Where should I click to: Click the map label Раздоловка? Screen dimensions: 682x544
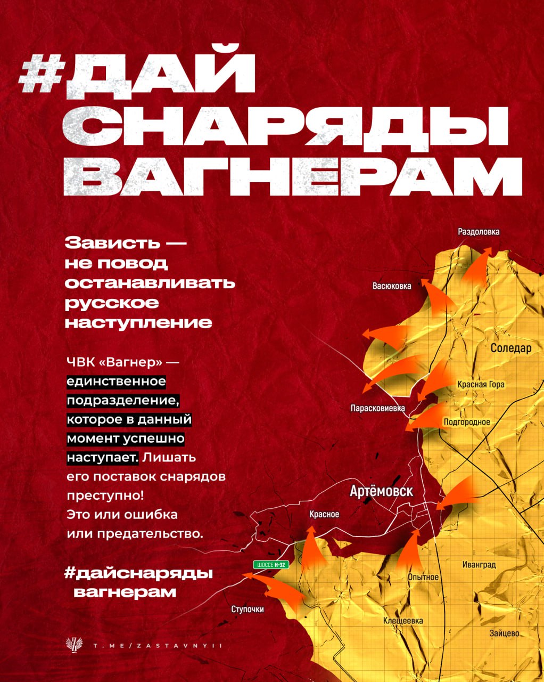click(479, 232)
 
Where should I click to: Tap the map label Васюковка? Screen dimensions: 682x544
click(392, 286)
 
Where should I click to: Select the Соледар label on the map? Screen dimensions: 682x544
click(510, 348)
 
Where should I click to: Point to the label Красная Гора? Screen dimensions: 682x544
click(481, 385)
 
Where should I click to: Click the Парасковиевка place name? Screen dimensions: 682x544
click(377, 409)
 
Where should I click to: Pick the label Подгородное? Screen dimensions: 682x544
click(467, 423)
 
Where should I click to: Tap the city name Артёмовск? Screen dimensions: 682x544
click(381, 491)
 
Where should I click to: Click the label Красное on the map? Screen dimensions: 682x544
click(324, 515)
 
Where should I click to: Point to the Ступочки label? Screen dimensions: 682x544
click(248, 610)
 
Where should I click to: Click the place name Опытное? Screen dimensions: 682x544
click(423, 577)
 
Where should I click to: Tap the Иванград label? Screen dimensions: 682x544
click(479, 565)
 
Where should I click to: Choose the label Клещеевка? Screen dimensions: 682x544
click(403, 621)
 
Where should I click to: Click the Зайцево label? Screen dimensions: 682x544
click(504, 634)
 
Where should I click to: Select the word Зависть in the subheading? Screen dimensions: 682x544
click(112, 243)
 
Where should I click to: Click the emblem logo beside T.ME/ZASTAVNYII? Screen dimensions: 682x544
click(71, 645)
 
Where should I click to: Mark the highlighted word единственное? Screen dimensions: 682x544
click(116, 381)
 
